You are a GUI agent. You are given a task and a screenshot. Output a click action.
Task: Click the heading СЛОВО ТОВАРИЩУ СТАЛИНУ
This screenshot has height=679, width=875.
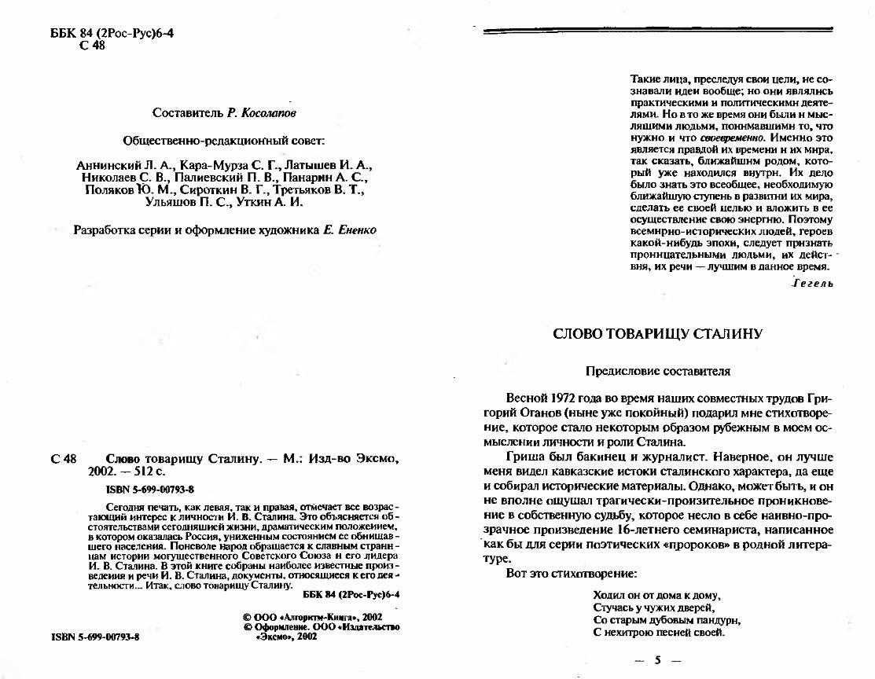click(657, 333)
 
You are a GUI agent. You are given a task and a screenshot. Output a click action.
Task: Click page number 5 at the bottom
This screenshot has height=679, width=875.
click(656, 659)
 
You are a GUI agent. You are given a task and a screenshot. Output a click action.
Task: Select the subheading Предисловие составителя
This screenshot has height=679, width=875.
click(658, 371)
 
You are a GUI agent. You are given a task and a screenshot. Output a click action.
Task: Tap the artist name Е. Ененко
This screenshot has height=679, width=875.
click(349, 229)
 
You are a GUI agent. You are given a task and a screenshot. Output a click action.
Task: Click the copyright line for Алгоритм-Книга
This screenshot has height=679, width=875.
click(312, 617)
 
